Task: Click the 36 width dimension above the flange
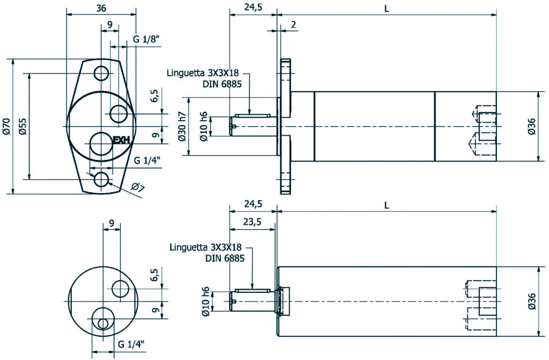coord(100,8)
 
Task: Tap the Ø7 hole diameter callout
coord(137,187)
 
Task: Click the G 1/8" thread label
coord(146,40)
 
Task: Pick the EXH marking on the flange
coord(122,141)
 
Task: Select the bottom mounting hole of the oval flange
coord(101,179)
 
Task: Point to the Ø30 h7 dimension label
coord(182,127)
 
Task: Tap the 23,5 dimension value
coord(253,222)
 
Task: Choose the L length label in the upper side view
coord(387,9)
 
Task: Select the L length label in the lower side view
coord(387,205)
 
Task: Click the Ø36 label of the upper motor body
coord(531,126)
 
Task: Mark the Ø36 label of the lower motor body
coord(531,301)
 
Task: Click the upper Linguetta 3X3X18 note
coord(203,73)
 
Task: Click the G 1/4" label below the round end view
coord(131,343)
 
